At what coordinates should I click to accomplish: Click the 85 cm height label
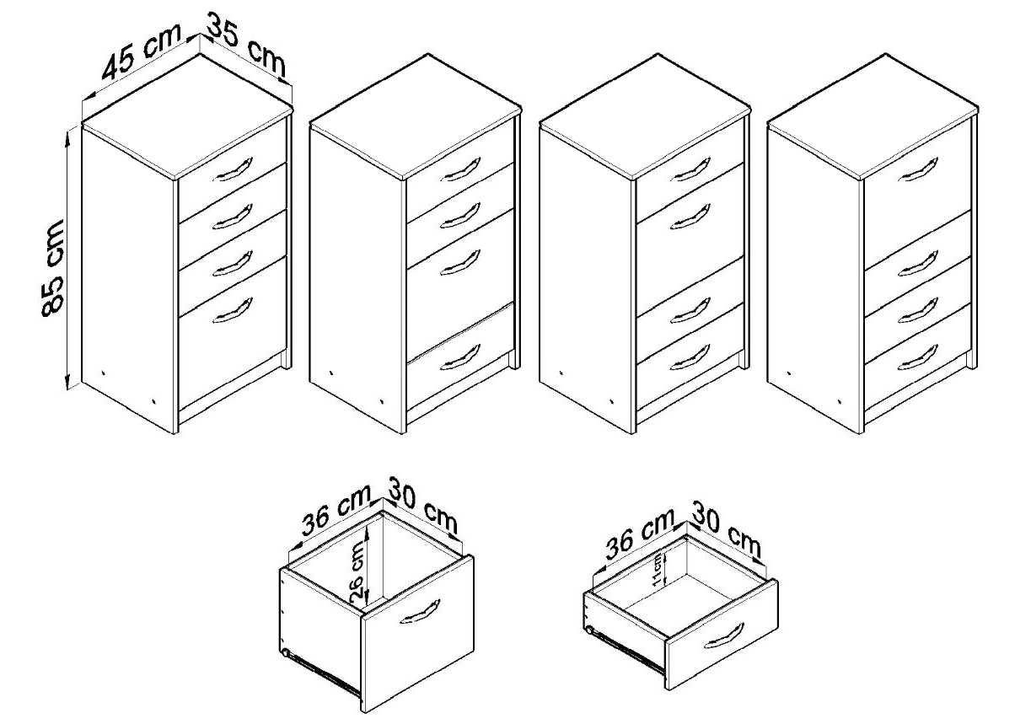coord(53,269)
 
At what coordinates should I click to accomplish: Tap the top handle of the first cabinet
coord(233,170)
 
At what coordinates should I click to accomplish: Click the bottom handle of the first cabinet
coord(233,310)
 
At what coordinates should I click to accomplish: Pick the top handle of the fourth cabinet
coord(917,170)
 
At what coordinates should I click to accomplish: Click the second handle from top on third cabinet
coord(690,217)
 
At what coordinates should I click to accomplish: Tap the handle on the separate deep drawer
coord(420,611)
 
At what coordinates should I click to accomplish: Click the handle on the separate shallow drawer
coord(724,636)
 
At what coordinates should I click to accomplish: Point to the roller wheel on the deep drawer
coord(285,653)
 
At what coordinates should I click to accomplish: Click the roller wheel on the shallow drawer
coord(588,630)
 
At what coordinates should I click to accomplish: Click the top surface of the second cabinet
coord(416,116)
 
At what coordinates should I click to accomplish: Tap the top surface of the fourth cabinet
coord(873,116)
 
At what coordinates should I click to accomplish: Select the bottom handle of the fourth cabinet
coord(917,357)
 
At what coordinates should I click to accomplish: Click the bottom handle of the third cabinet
coord(690,357)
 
